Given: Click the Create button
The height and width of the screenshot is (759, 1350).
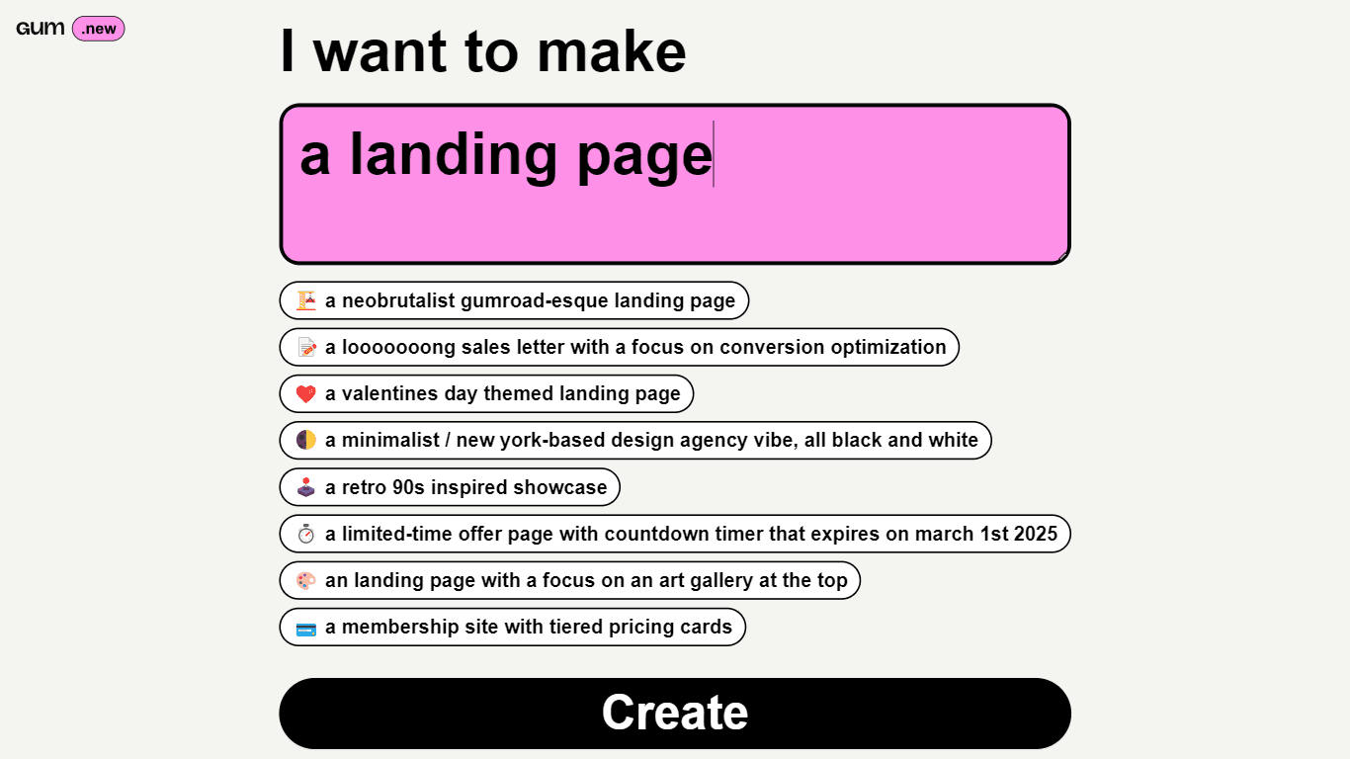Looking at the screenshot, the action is tap(675, 714).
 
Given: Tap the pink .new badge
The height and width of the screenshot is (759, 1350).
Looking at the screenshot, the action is tap(98, 29).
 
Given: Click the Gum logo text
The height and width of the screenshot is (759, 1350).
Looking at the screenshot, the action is tap(41, 29).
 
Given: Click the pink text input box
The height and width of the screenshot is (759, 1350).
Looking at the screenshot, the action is tap(675, 184).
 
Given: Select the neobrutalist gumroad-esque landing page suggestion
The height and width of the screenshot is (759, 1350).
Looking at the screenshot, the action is tap(514, 300).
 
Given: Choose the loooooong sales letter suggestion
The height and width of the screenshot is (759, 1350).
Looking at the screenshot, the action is tap(619, 347).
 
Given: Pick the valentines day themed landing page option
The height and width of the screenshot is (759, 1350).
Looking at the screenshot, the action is tap(486, 393).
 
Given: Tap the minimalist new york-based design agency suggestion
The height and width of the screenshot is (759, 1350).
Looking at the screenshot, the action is tap(635, 440).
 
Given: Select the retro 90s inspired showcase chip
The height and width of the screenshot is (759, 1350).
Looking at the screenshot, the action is tap(450, 487).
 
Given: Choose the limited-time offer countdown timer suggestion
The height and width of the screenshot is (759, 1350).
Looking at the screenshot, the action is tap(675, 534).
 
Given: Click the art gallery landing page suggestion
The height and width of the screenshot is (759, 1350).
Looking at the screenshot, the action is tap(569, 580).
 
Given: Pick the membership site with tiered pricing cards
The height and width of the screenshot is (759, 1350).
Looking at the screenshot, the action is tap(512, 627).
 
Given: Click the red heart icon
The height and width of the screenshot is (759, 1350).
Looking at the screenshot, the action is tap(306, 394).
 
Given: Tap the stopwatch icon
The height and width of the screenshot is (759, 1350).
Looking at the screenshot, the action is tap(306, 534).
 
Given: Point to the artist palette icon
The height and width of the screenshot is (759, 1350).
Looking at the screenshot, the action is tap(306, 580).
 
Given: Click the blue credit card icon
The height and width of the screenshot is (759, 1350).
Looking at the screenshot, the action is tap(306, 630).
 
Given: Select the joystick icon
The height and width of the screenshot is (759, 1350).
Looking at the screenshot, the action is tap(306, 487).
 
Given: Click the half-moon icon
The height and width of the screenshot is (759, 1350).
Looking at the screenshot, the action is tap(306, 440).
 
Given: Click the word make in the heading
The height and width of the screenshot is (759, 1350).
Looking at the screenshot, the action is tap(611, 51).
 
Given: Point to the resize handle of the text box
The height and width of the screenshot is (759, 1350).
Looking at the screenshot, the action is tap(1063, 257).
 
